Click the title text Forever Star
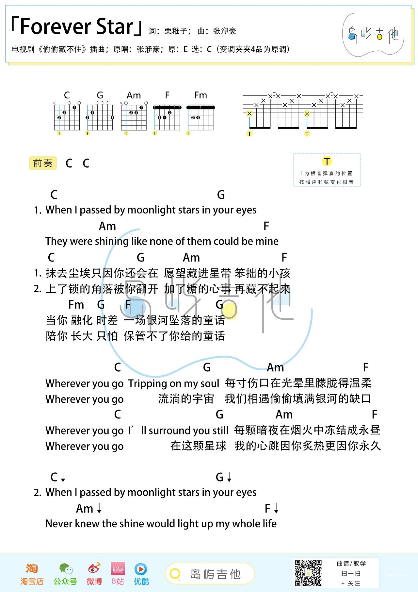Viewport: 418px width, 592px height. coord(77,27)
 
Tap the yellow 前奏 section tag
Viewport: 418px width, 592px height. coord(43,163)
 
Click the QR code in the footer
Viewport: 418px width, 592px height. coord(308,573)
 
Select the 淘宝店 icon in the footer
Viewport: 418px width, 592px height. coord(32,569)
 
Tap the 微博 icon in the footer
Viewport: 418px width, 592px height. coord(94,569)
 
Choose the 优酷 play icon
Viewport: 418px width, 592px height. coord(141,569)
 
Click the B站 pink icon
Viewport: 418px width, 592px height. coord(118,569)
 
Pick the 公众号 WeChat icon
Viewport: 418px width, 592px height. coord(66,569)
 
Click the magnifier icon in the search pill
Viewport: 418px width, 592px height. coord(175,574)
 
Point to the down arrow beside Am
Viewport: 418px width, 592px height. coord(99,509)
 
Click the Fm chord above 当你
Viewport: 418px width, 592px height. coord(76,305)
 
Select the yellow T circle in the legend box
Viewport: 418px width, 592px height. coord(327,161)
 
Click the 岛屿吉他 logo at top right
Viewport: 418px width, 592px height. coord(373,34)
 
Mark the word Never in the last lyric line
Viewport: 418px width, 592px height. coord(59,524)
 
